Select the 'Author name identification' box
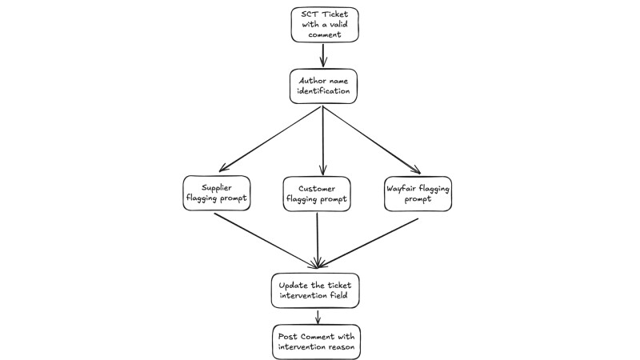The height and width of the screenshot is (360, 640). [x=322, y=86]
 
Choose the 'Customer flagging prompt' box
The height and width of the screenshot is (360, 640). [x=317, y=194]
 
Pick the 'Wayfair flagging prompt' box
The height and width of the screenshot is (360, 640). [x=418, y=194]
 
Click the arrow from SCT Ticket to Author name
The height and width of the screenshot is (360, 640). [x=323, y=54]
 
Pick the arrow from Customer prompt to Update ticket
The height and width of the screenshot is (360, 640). [x=318, y=240]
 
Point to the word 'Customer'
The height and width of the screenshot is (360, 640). [x=317, y=189]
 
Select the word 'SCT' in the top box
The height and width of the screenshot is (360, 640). [x=308, y=14]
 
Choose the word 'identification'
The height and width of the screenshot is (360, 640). [x=322, y=92]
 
